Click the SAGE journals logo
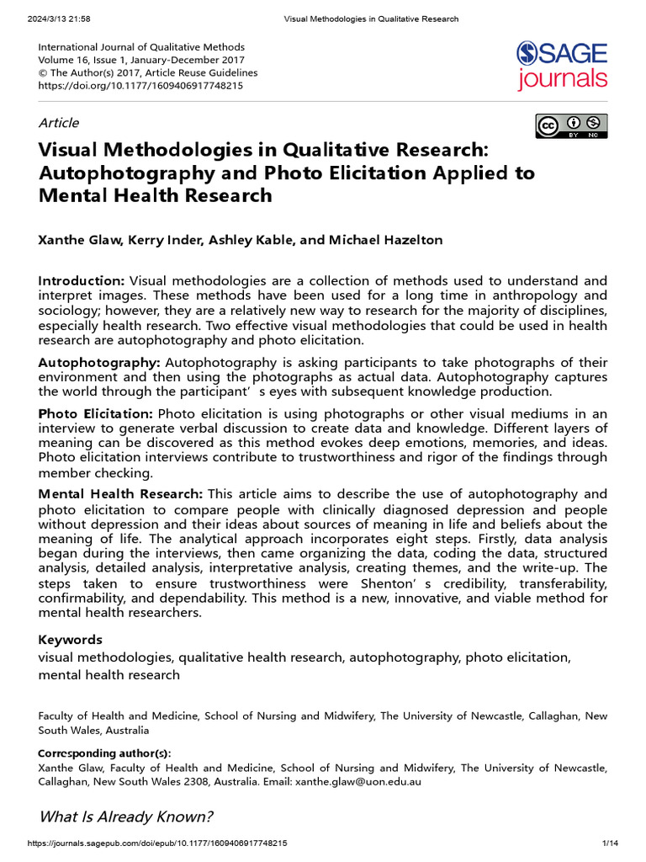click(561, 66)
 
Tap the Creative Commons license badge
click(571, 125)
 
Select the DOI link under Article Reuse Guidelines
click(140, 85)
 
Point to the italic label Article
click(59, 122)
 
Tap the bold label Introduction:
click(82, 280)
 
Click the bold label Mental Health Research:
click(120, 493)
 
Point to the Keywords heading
click(70, 640)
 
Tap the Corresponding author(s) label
click(104, 753)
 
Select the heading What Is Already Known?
click(125, 817)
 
